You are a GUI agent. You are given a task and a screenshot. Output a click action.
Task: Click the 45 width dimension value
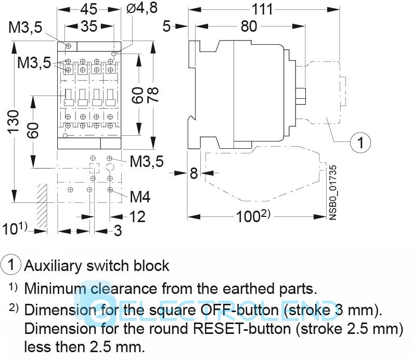pos(89,9)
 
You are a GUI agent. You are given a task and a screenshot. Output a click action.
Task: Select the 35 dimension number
pos(89,27)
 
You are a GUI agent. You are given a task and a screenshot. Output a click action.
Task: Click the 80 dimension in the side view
pos(249,26)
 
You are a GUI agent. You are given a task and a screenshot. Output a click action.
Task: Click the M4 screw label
pos(140,197)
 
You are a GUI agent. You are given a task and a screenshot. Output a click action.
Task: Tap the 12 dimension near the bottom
pos(137,216)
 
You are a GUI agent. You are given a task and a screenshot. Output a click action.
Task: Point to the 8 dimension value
pos(193,173)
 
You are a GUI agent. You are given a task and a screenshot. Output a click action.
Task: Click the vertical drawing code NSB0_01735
pos(333,192)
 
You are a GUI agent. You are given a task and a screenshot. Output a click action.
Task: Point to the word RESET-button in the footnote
pos(249,329)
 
